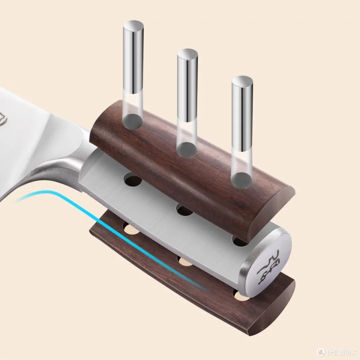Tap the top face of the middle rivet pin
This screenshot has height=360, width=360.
click(x=187, y=54)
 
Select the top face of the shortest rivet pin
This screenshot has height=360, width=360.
click(x=242, y=81)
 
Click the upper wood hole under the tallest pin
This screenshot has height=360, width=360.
click(x=132, y=122)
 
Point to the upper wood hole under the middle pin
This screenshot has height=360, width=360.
click(x=187, y=150)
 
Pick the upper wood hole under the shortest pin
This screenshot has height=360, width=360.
click(x=241, y=180)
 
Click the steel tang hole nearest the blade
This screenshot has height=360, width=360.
click(x=133, y=180)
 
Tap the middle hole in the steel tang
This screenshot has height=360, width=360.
click(x=185, y=210)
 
